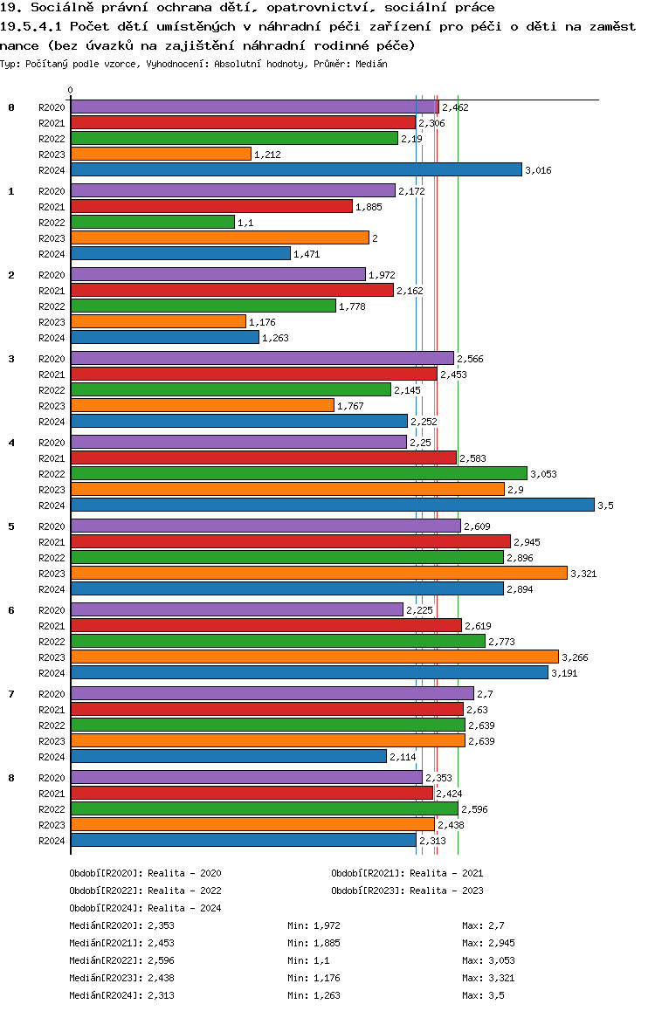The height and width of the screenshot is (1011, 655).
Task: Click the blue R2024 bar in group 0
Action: pyautogui.click(x=296, y=170)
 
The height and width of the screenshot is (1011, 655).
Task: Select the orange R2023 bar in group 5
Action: pyautogui.click(x=319, y=574)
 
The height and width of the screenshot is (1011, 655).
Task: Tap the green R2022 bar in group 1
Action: pyautogui.click(x=153, y=223)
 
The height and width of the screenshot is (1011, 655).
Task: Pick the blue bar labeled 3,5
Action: pyautogui.click(x=332, y=505)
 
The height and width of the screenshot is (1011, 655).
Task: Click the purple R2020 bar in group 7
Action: pyautogui.click(x=272, y=693)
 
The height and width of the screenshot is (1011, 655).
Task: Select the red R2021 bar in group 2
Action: pyautogui.click(x=231, y=291)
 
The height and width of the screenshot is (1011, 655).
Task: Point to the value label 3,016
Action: pyautogui.click(x=538, y=170)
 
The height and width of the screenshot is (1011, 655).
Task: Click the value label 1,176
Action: pyautogui.click(x=262, y=322)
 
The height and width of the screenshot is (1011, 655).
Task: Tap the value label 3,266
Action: pyautogui.click(x=576, y=657)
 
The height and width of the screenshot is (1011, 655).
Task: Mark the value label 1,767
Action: pyautogui.click(x=350, y=406)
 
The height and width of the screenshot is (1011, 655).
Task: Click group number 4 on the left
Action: pyautogui.click(x=11, y=443)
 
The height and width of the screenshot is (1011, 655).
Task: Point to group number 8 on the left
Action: pyautogui.click(x=11, y=778)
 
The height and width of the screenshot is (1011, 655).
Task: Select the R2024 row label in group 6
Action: pyautogui.click(x=52, y=673)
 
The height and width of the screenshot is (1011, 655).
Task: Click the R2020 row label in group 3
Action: pyautogui.click(x=52, y=359)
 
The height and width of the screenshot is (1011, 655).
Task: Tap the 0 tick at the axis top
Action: pyautogui.click(x=71, y=90)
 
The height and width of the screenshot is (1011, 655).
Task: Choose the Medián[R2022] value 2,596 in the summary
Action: pyautogui.click(x=162, y=960)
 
